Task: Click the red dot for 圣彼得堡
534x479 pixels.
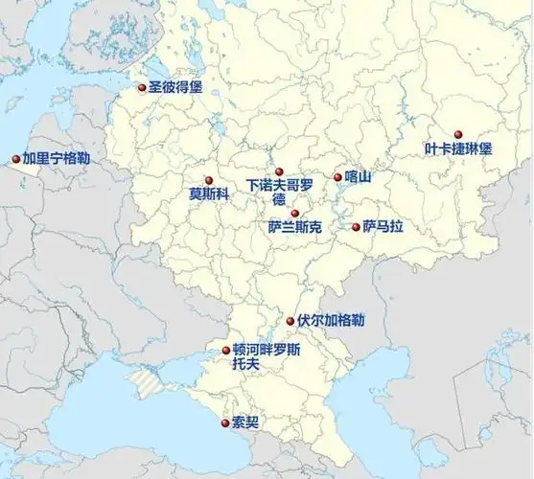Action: (x=142, y=87)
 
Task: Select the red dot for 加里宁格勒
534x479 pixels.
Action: (x=15, y=159)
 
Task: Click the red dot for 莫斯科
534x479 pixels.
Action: (x=207, y=180)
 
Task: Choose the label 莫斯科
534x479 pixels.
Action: (x=209, y=194)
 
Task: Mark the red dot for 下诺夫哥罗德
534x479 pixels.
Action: (x=279, y=172)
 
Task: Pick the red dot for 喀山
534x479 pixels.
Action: (x=337, y=176)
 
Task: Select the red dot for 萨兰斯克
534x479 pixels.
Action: (x=295, y=214)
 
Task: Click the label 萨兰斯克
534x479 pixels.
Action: (x=295, y=229)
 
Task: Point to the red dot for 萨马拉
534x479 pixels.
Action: (x=356, y=227)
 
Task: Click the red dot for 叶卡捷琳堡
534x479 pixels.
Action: (x=458, y=134)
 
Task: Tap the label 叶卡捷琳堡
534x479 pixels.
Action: (x=458, y=149)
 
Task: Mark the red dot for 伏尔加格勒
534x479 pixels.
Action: (x=290, y=321)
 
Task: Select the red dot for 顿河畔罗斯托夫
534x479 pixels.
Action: (x=225, y=350)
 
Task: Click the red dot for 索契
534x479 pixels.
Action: (x=224, y=422)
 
